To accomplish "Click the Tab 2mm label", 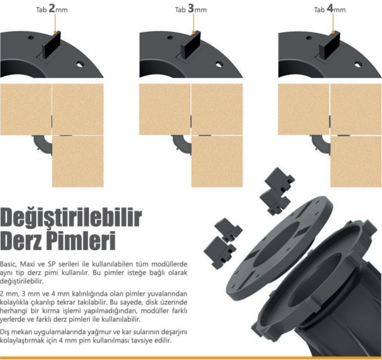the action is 51,9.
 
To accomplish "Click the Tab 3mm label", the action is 191,9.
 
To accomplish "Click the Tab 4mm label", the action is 329,9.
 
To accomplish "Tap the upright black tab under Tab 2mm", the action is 51,46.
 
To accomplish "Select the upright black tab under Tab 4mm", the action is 330,46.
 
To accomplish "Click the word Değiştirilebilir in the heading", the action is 71,218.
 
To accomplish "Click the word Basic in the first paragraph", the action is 8,264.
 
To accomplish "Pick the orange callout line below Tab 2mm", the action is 56,23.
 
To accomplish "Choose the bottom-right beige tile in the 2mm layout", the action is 78,161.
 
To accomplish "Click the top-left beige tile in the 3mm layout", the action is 165,109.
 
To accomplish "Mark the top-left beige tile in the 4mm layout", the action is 303,109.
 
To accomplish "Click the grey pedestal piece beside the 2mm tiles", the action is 43,144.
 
